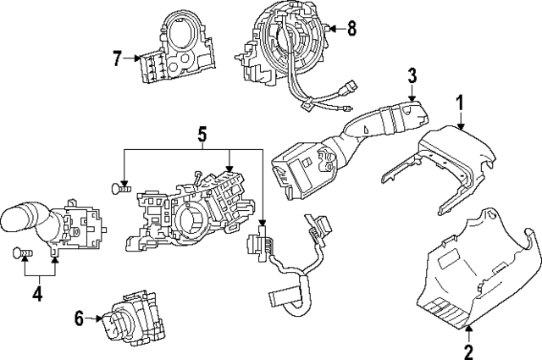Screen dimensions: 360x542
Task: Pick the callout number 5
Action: [x=202, y=133]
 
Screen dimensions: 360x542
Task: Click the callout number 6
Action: [x=80, y=318]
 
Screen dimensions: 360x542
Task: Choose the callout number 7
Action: [x=118, y=58]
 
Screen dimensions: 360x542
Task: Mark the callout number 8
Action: [x=351, y=29]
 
